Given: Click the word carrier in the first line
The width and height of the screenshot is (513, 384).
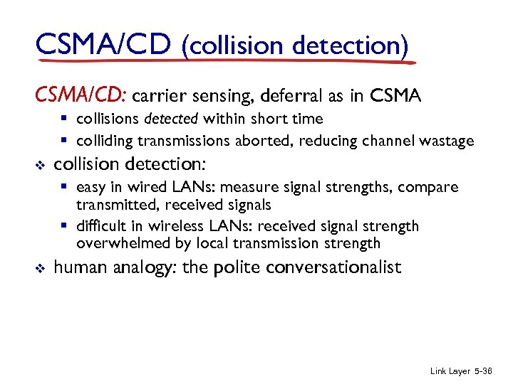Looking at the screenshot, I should (x=158, y=95).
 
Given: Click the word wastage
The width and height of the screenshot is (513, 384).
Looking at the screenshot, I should (x=447, y=141).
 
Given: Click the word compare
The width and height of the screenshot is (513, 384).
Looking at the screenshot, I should (x=430, y=188).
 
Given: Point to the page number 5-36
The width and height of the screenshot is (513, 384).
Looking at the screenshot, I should (x=492, y=370).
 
